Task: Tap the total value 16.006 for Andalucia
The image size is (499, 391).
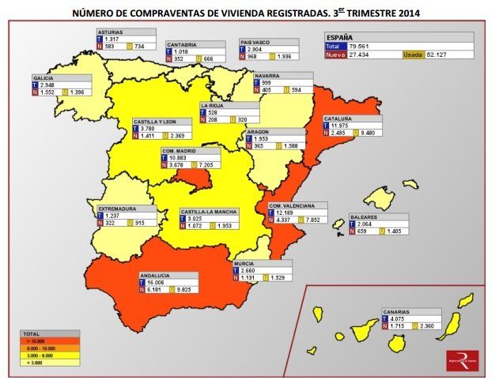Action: click(157, 282)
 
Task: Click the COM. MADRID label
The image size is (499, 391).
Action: click(180, 150)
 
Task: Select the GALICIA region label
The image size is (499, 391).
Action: click(44, 78)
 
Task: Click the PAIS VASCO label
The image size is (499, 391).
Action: click(258, 42)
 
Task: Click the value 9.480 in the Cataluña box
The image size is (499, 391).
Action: click(368, 133)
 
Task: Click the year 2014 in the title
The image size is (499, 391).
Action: click(406, 13)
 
